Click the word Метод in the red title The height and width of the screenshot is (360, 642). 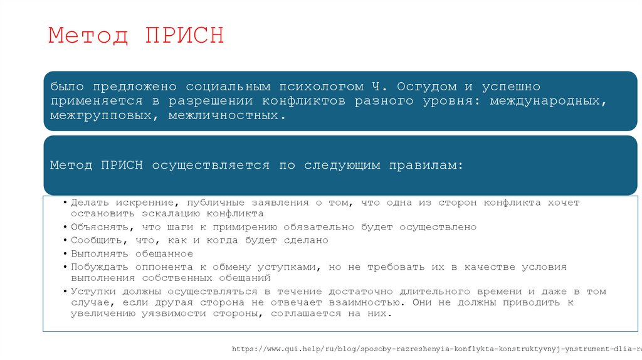point(88,35)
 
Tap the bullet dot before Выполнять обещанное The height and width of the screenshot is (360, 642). point(65,254)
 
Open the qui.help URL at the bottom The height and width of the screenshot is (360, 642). point(436,349)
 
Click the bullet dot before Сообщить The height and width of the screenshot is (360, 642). point(65,241)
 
